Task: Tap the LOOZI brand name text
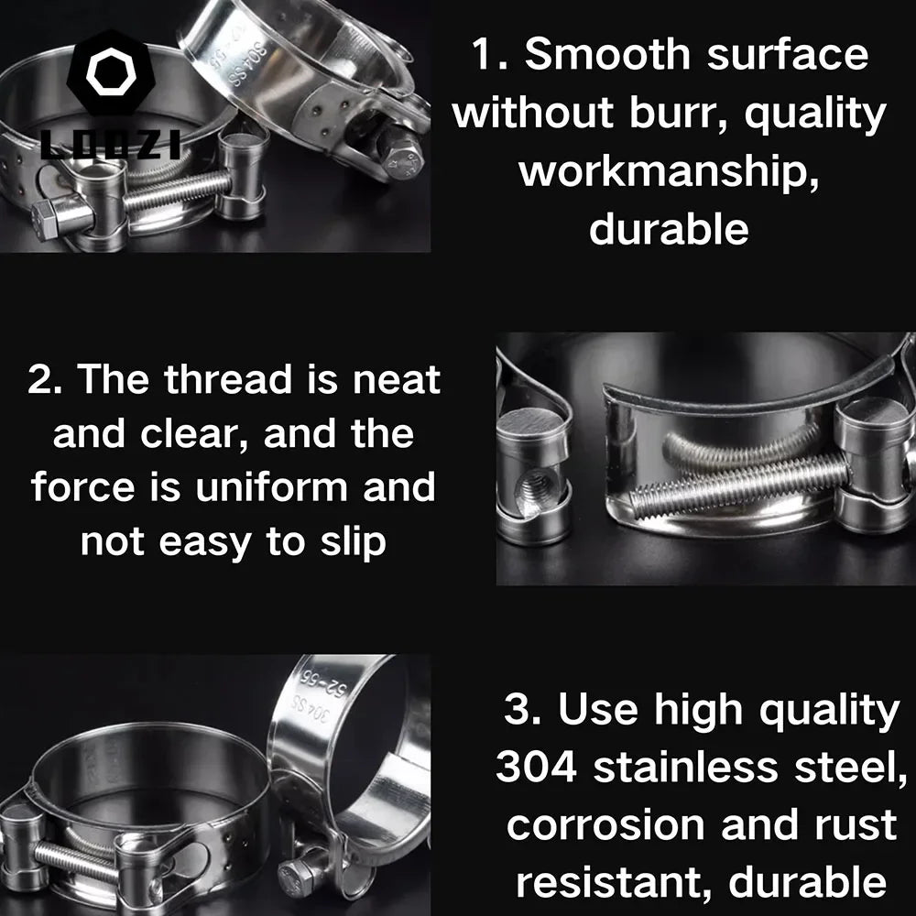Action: click(110, 145)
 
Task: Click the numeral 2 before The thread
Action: click(40, 379)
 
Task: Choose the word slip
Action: click(349, 541)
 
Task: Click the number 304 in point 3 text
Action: click(537, 767)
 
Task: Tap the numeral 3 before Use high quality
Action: click(518, 710)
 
